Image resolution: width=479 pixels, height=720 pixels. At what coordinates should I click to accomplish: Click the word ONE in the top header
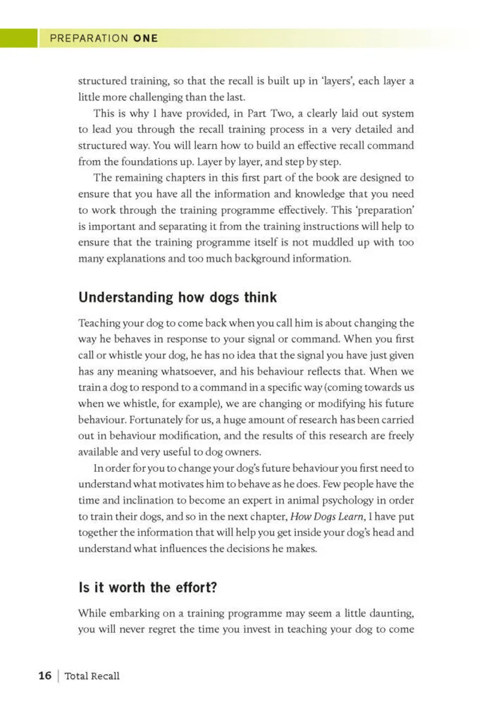tap(145, 38)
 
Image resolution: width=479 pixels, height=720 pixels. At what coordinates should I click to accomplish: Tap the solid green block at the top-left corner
tap(19, 38)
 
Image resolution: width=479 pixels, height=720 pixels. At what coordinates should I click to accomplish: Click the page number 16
tap(44, 676)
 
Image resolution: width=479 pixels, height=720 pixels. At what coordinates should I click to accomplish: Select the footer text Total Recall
tap(92, 676)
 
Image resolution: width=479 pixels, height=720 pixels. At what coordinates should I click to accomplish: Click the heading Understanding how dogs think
tap(178, 297)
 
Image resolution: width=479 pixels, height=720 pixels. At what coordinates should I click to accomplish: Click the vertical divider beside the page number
tap(57, 676)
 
